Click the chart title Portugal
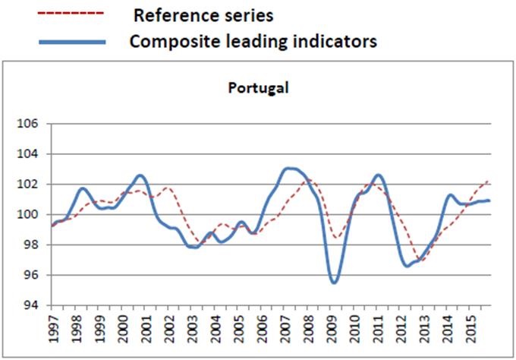point(259,87)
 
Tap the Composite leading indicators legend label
point(253,41)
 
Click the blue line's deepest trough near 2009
point(334,283)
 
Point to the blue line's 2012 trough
point(407,266)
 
